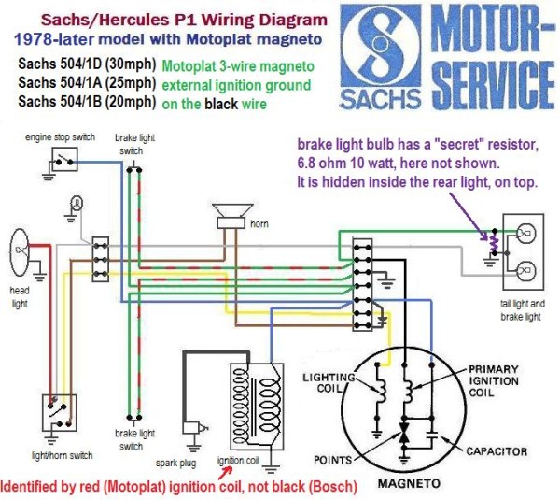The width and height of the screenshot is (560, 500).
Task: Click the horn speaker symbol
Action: pos(229,215)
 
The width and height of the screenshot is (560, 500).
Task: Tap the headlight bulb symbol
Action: pos(21,250)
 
